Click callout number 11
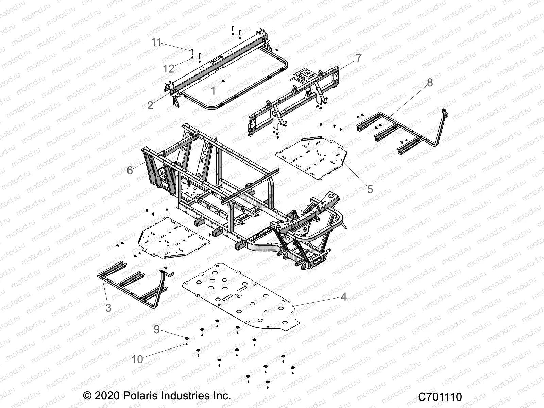pyautogui.click(x=156, y=42)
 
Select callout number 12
pyautogui.click(x=168, y=69)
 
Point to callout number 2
pyautogui.click(x=150, y=105)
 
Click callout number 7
pyautogui.click(x=359, y=58)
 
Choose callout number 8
pyautogui.click(x=430, y=83)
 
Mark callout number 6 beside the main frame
pyautogui.click(x=130, y=170)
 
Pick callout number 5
pyautogui.click(x=370, y=189)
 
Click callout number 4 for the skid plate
pyautogui.click(x=343, y=296)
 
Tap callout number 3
pyautogui.click(x=108, y=308)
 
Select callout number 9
pyautogui.click(x=156, y=329)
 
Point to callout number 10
pyautogui.click(x=137, y=359)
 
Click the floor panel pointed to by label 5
pyautogui.click(x=314, y=156)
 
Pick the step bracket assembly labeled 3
pyautogui.click(x=133, y=286)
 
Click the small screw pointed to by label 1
pyautogui.click(x=223, y=81)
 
